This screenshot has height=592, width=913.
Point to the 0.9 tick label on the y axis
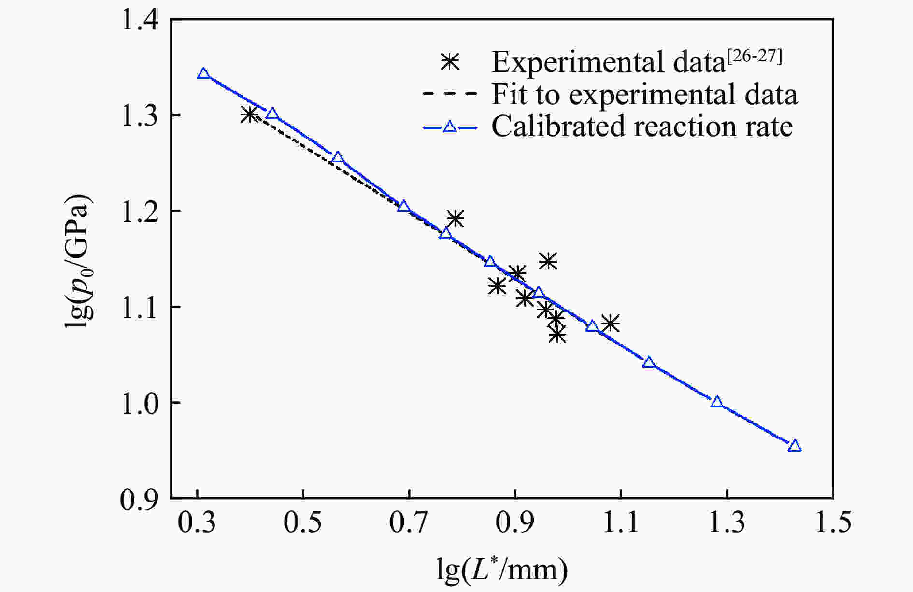point(140,499)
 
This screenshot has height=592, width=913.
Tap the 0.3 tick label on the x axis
point(197,523)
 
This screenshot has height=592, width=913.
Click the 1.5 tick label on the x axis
point(833,523)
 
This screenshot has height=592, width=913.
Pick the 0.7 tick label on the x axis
point(409,523)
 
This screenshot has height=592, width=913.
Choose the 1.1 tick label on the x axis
point(621,523)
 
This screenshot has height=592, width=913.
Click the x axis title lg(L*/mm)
point(502,570)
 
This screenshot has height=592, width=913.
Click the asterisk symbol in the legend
point(450,62)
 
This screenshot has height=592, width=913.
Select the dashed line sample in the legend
point(450,94)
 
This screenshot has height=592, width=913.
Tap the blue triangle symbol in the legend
point(450,127)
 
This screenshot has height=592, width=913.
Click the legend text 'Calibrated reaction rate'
point(642,127)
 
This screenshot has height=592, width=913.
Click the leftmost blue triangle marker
point(204,74)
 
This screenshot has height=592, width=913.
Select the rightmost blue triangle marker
point(795,446)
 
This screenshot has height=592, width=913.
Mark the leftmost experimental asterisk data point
point(249,115)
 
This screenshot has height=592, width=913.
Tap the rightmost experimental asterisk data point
point(611,324)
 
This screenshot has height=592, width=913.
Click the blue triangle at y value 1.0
point(717,402)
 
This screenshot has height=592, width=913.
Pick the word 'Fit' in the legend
point(509,94)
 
